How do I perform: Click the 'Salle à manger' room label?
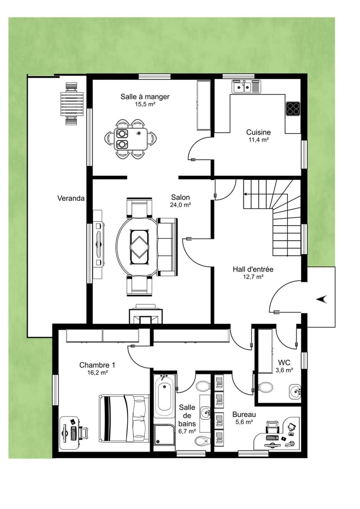[145, 97]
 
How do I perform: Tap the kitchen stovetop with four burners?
[293, 109]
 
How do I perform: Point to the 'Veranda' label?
[71, 198]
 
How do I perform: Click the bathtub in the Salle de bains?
[164, 396]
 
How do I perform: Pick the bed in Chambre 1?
[124, 419]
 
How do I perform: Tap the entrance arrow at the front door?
[322, 300]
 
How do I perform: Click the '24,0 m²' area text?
[180, 205]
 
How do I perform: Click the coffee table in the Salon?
[139, 244]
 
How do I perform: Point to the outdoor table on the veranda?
[72, 104]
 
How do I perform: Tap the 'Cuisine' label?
[258, 132]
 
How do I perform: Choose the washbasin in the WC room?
[295, 392]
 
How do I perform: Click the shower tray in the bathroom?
[164, 435]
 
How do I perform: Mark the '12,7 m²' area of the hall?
[253, 277]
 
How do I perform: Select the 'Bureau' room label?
[244, 414]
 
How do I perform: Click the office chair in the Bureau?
[273, 427]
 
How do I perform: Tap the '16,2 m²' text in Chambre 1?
[97, 373]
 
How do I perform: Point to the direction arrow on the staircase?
[249, 194]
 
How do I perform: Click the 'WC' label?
[284, 363]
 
